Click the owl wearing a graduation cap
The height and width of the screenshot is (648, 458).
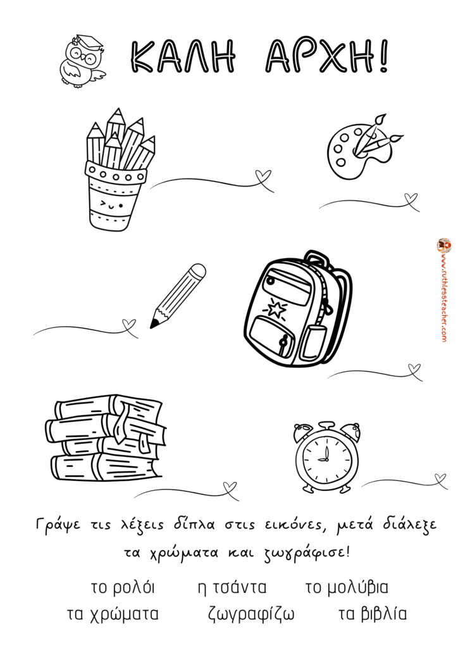point(82,60)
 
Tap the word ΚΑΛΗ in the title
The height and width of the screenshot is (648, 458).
point(183,57)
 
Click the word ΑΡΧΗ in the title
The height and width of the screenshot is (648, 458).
point(327,57)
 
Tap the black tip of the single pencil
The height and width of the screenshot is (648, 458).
point(154,325)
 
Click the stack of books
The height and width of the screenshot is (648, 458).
point(106,437)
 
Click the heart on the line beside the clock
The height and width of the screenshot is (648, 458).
point(441,478)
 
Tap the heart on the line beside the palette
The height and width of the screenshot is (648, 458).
point(411,198)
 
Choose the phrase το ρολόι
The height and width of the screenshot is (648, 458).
point(123,587)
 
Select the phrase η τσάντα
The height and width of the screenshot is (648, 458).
point(232,587)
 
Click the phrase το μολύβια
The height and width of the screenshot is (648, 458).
point(347,587)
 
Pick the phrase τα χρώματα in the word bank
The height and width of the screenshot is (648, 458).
point(113,614)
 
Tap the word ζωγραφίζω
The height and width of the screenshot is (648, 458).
point(251,614)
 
